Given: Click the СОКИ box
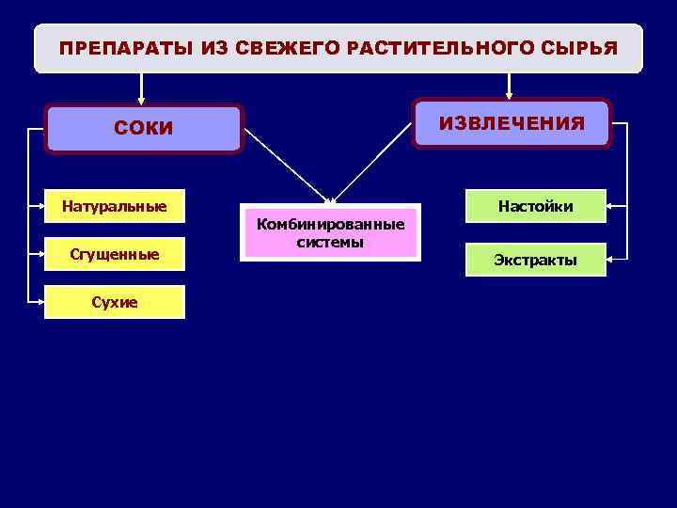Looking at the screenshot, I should coord(144,129).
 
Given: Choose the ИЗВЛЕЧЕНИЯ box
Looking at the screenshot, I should coord(512,123).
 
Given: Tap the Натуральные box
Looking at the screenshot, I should coord(114,205).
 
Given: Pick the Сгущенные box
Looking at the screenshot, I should coord(114,253).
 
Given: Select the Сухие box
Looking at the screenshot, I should coord(114,302).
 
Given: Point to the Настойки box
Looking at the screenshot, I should coord(536,206).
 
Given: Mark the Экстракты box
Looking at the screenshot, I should coord(536,260).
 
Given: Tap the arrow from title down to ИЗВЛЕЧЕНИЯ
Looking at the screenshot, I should coord(509,85).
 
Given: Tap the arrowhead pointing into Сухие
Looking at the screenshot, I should coord(39,302).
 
